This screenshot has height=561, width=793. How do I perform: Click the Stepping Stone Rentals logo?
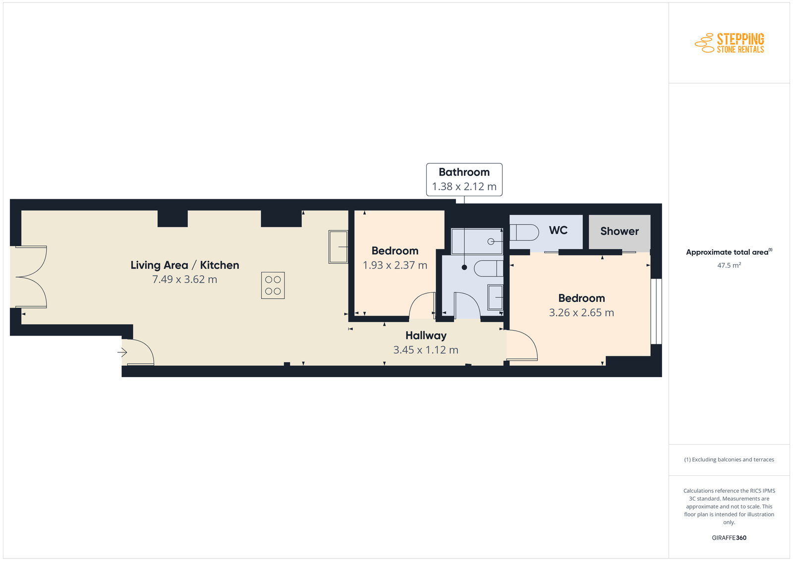coord(729,43)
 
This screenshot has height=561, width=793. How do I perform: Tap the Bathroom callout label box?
coord(464,179)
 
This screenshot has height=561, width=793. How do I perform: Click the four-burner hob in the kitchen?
coord(273,285)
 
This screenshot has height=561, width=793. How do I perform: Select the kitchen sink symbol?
coord(338,247)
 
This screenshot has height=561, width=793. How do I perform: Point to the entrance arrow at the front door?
coord(122,352)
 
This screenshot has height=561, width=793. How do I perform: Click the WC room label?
coord(558,230)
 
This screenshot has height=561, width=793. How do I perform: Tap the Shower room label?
coord(620,231)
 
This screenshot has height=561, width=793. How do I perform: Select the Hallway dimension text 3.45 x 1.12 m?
coord(426,350)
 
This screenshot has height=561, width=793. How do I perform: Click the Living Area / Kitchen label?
coord(185,265)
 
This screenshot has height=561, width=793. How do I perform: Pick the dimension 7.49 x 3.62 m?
coord(185,280)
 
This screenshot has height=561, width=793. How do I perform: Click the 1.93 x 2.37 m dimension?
coord(395,265)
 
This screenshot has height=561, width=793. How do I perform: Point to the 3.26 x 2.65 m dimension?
coord(581,313)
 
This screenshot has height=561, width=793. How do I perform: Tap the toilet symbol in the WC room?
coord(524,232)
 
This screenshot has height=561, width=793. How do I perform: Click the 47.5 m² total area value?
coord(729,265)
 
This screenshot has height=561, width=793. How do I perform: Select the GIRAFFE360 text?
coord(729,538)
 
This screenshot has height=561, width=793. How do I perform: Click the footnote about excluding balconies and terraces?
coord(729,459)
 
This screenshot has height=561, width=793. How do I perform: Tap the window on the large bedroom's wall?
coord(656,311)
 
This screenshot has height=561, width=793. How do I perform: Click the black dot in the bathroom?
coord(464,267)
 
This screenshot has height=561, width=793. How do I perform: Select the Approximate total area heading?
coord(729,252)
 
